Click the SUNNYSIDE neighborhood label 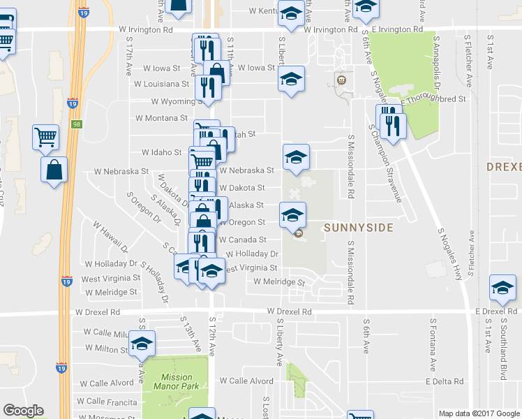tap(359, 228)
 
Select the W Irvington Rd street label tap(145, 30)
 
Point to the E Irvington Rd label tap(397, 30)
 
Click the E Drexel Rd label tap(498, 310)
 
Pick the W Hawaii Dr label tap(110, 237)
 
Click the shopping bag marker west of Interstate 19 tap(54, 170)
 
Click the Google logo tap(23, 411)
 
